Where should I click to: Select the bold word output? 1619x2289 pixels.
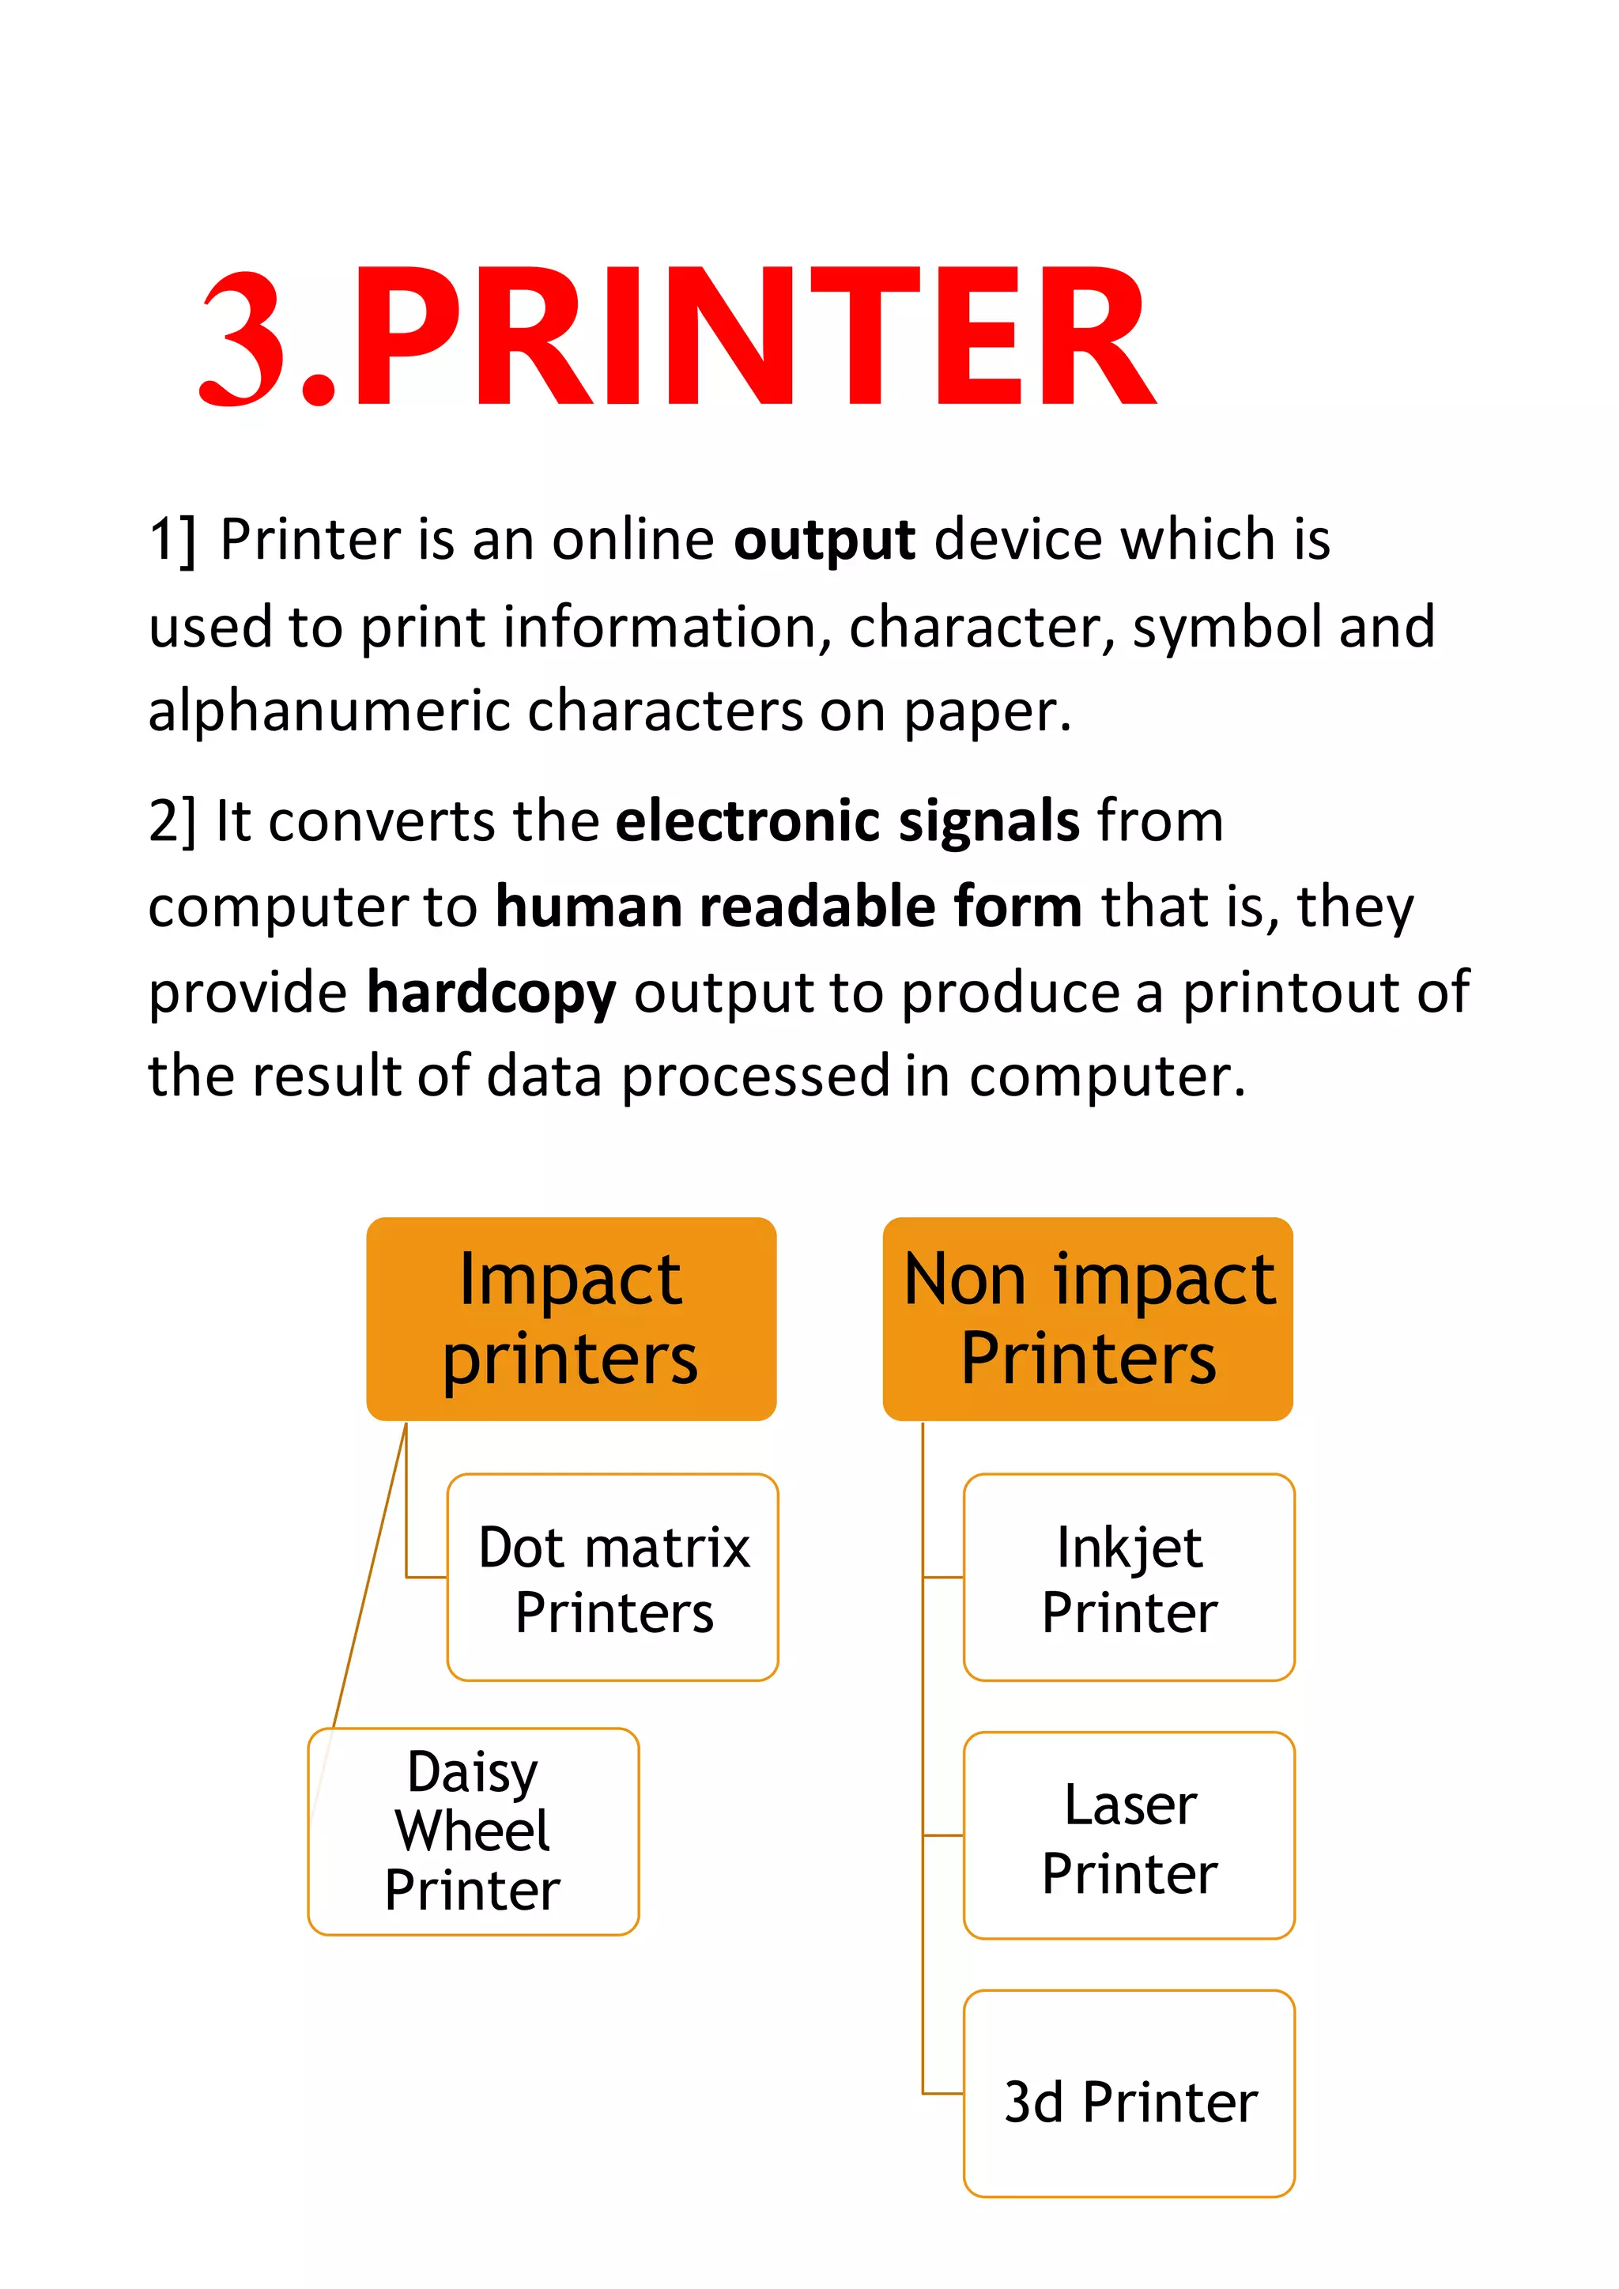[x=824, y=541]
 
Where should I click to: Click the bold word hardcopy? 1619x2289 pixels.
[x=492, y=994]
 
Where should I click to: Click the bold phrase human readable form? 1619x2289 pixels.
[x=789, y=907]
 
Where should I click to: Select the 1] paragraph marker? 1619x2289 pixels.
[x=172, y=541]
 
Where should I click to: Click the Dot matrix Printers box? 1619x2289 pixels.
[x=613, y=1579]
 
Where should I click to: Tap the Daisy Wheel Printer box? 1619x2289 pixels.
[x=473, y=1831]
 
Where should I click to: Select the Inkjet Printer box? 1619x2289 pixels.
[x=1129, y=1579]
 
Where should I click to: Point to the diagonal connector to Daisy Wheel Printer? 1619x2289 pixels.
[x=370, y=1575]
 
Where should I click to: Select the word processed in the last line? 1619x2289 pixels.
[x=755, y=1077]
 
